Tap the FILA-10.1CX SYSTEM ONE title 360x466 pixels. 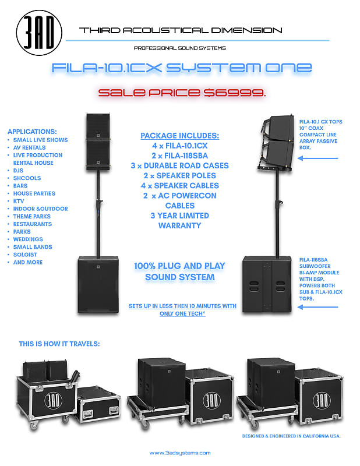tap(181, 68)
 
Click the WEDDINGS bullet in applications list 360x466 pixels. tap(29, 239)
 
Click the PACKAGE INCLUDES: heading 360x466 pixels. tap(179, 136)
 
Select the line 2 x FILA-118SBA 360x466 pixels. tap(179, 156)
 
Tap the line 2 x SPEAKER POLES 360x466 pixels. tap(179, 175)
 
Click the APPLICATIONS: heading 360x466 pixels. tap(31, 132)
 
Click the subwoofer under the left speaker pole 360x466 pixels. tap(96, 283)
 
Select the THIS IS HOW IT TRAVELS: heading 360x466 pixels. tap(59, 344)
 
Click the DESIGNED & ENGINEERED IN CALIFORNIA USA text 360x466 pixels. tap(292, 435)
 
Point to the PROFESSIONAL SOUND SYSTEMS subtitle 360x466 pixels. tap(180, 48)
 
